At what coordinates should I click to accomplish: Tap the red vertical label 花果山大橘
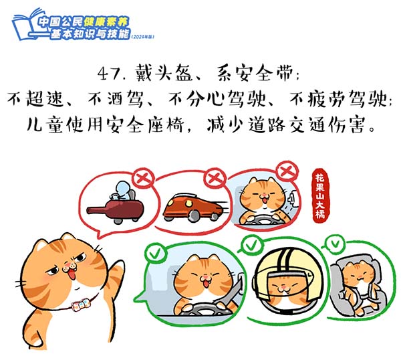(320, 196)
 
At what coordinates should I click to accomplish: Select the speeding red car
(195, 207)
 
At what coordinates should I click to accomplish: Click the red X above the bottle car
(144, 177)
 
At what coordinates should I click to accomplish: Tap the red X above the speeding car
(215, 177)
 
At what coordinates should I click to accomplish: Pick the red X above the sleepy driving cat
(287, 170)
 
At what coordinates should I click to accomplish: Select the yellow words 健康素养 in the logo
(106, 22)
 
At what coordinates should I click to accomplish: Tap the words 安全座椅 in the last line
(145, 124)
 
